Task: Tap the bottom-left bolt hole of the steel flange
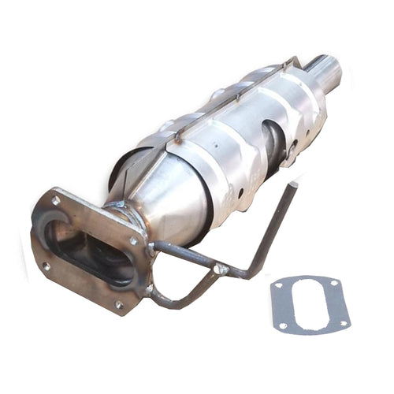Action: [x=46, y=266]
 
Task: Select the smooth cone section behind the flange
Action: [x=169, y=197]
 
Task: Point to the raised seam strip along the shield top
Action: [x=229, y=98]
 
